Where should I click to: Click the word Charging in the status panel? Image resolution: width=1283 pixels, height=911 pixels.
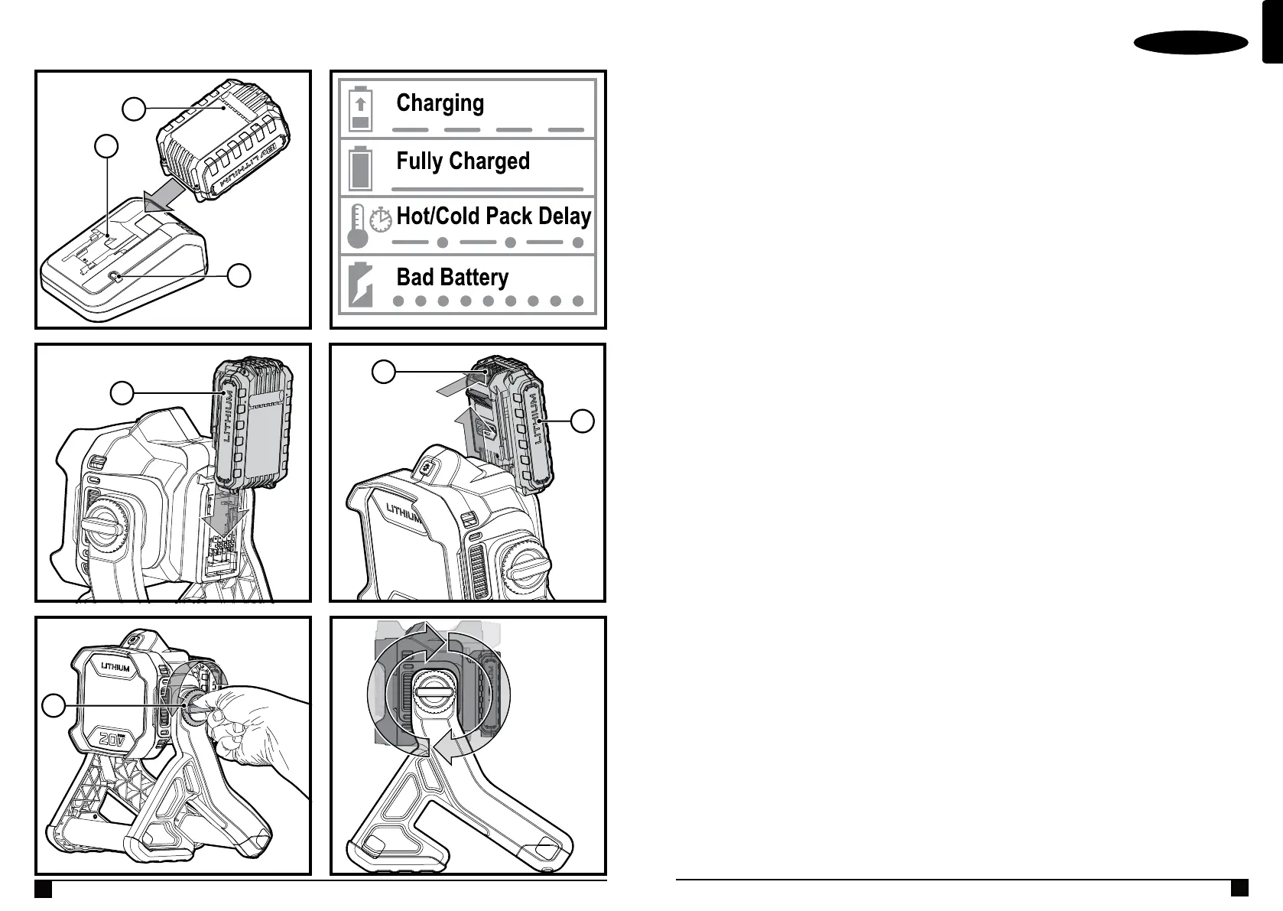click(440, 102)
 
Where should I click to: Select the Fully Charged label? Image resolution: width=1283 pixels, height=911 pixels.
click(463, 161)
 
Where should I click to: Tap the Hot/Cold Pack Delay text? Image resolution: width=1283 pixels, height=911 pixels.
click(493, 216)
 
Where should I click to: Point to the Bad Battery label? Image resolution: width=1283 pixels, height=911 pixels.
click(452, 277)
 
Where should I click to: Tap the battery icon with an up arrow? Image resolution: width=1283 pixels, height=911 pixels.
click(361, 109)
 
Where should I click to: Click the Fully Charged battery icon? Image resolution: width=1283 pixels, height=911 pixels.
click(360, 168)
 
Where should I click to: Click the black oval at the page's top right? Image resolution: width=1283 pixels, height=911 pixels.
click(1190, 43)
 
